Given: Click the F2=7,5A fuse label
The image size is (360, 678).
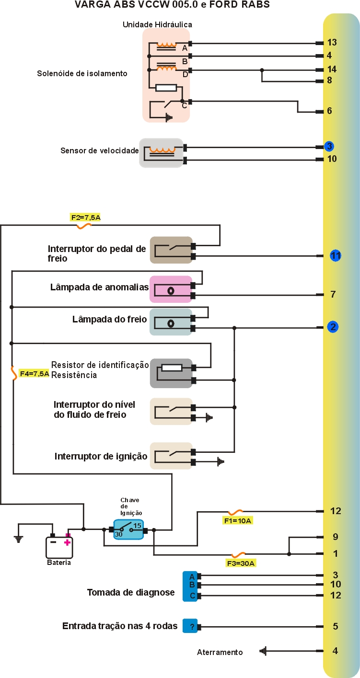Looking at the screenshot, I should pos(86,218).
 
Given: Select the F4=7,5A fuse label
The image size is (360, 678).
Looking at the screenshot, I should pos(34,373).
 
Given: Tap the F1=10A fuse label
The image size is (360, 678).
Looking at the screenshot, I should pos(237,520).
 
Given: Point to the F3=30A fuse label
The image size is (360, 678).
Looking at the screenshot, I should pos(241,563).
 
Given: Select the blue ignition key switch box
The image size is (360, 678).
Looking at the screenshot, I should pos(128,529).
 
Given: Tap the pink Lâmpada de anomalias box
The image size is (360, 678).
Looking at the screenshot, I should pos(171,289).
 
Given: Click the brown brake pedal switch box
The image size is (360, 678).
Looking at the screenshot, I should pos(171,250).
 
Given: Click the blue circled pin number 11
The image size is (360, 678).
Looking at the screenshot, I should pos(336,256).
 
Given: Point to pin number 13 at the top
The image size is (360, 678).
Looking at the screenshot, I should pos(332,43).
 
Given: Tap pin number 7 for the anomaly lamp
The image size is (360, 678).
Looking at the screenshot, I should pos(333,294).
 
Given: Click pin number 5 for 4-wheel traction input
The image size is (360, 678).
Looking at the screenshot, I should pos(335,626).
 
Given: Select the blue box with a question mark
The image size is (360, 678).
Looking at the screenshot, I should pos(190,626).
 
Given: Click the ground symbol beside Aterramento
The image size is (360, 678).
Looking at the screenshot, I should pos(263,651).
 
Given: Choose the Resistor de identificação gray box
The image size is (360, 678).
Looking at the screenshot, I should pos(171,373).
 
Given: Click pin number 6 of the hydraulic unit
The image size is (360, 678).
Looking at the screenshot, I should pos(329,111).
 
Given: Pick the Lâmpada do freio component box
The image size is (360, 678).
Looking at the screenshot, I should pos(171,322).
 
